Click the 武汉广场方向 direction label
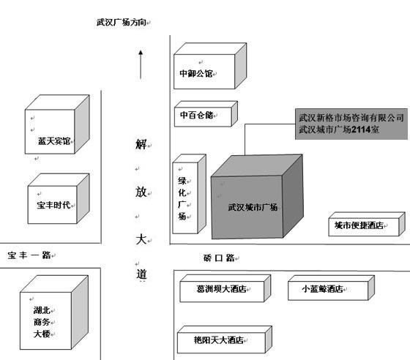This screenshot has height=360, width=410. click(x=121, y=22)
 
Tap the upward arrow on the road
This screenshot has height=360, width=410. click(x=141, y=64)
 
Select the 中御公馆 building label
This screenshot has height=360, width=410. click(x=196, y=73)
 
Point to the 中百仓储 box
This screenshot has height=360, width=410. click(x=206, y=114)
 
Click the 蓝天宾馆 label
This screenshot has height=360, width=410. click(x=54, y=141)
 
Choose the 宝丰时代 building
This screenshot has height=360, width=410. click(x=59, y=198)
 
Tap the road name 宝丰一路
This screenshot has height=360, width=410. click(x=29, y=255)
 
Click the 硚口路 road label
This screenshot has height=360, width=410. click(x=219, y=258)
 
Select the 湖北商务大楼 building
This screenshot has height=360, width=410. click(x=54, y=312)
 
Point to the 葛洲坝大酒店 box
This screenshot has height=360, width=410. click(x=225, y=288)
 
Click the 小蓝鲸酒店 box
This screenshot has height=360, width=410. click(x=331, y=288)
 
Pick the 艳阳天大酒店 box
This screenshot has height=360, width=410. click(x=225, y=340)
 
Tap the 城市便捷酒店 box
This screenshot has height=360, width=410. click(x=367, y=224)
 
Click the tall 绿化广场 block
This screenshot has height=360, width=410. click(x=190, y=194)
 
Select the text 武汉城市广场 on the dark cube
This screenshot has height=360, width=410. click(x=253, y=207)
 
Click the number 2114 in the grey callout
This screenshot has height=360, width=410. click(x=361, y=130)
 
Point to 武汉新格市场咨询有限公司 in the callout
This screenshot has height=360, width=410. click(x=351, y=118)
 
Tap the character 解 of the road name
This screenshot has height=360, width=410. click(x=141, y=144)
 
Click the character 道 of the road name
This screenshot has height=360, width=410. click(x=141, y=274)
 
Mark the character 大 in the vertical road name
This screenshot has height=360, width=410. click(x=141, y=239)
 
